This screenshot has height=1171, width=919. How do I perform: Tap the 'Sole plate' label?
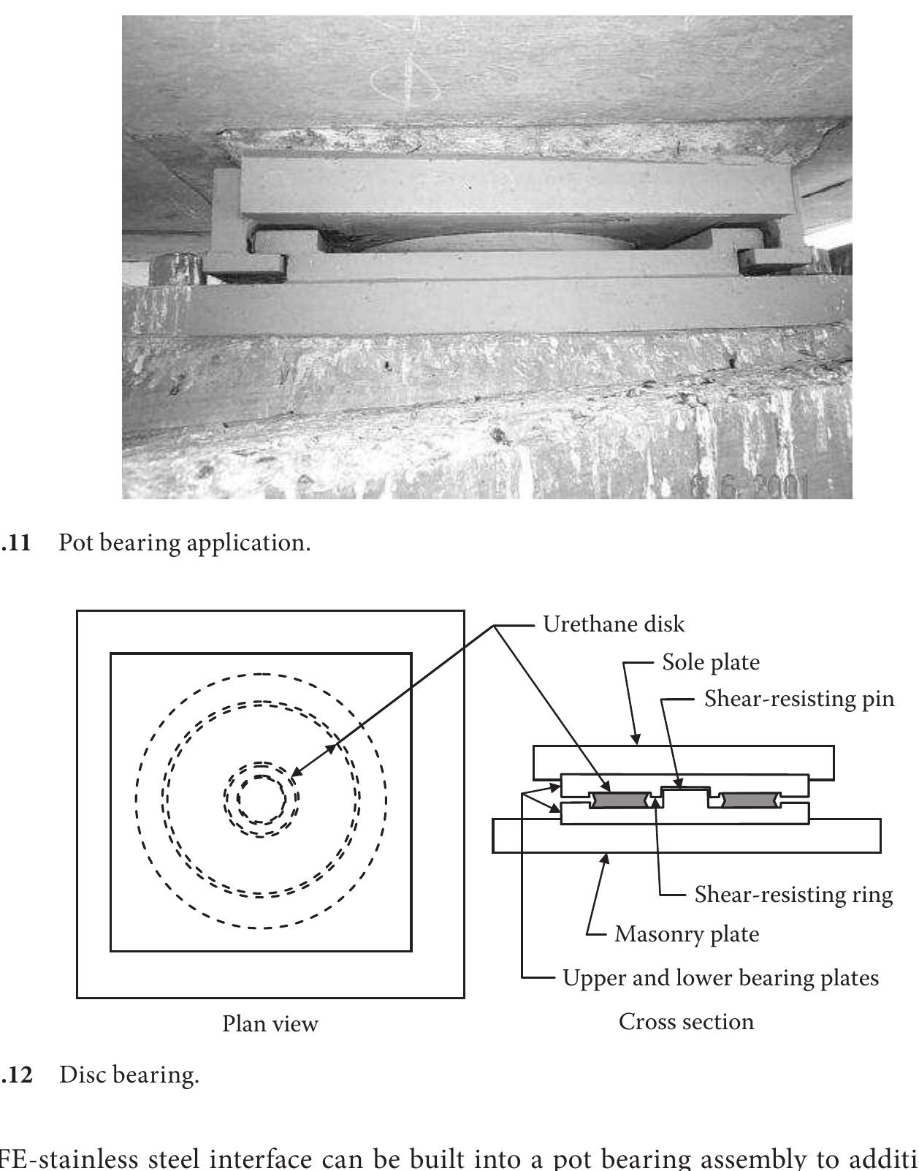click(710, 662)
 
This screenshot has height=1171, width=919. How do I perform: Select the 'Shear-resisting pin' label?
click(798, 699)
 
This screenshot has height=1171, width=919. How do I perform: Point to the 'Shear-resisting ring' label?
click(793, 895)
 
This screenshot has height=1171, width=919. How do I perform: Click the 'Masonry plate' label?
click(686, 934)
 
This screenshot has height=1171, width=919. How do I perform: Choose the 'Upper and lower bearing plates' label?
click(720, 978)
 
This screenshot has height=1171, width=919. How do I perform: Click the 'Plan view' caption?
click(270, 1024)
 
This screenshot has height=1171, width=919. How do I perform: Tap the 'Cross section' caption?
click(686, 1021)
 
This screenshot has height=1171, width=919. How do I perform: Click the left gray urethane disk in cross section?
click(620, 800)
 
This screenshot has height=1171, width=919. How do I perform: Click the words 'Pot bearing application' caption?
click(184, 543)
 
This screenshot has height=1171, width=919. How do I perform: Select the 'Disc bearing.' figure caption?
click(129, 1075)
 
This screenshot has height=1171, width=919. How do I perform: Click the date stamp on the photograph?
click(749, 485)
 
